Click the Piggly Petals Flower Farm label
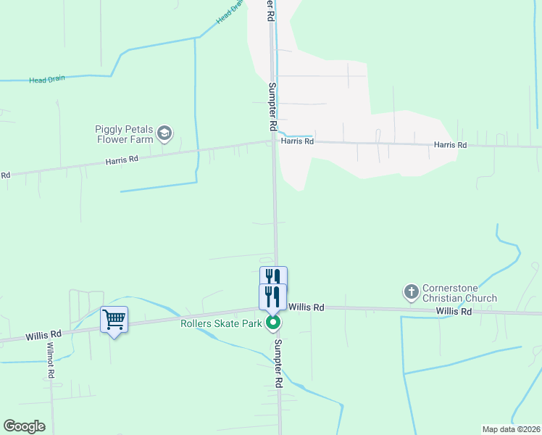click(x=124, y=134)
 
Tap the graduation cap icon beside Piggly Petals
click(x=166, y=133)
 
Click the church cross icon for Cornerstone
click(x=411, y=292)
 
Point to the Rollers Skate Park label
click(x=221, y=323)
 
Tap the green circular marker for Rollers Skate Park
click(x=273, y=323)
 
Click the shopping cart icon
click(x=114, y=318)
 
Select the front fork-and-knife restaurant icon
click(x=273, y=297)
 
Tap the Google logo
click(x=24, y=426)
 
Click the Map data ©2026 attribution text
click(x=511, y=428)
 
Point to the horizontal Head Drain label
click(x=47, y=80)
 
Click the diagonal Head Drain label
click(x=229, y=12)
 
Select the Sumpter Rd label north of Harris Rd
click(x=273, y=106)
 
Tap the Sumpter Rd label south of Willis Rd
click(x=277, y=364)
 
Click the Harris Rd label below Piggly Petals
click(x=121, y=159)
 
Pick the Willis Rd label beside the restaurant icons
click(x=305, y=307)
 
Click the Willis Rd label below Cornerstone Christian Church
click(x=454, y=311)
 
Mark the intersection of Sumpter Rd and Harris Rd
click(x=274, y=141)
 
